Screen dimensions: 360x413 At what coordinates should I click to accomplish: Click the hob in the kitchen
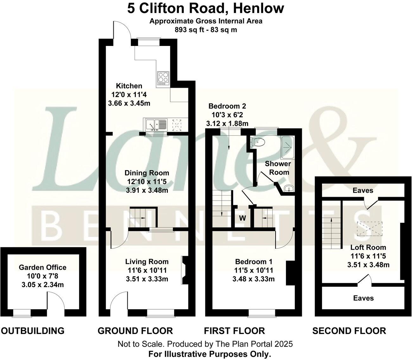pos(163,78)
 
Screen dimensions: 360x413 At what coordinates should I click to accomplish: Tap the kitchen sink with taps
pos(156,125)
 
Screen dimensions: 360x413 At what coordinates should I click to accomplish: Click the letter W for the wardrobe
pos(242,218)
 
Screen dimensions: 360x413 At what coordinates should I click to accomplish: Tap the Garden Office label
pos(42,267)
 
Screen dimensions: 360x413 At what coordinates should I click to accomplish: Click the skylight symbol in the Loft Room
pos(370,229)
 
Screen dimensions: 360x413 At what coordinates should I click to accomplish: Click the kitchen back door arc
pos(121,31)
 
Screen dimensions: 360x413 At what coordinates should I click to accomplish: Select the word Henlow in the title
pos(258,9)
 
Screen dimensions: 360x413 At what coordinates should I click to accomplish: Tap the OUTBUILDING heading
pos(33,331)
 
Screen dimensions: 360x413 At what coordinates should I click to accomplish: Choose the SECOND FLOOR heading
pos(349,331)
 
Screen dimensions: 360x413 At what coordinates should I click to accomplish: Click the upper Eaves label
pos(363,190)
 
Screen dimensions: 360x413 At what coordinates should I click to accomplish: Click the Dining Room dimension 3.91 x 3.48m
pos(147,190)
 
